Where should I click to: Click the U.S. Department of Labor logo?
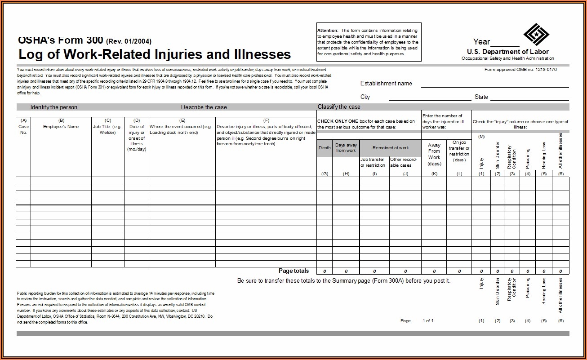pyautogui.click(x=536, y=35)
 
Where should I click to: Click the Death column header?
pyautogui.click(x=325, y=148)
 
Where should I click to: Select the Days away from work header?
pyautogui.click(x=346, y=148)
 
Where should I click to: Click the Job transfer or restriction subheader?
pyautogui.click(x=374, y=162)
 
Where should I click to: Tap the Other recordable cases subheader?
pyautogui.click(x=405, y=162)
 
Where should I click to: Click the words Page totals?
pyautogui.click(x=293, y=271)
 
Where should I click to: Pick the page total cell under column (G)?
pyautogui.click(x=325, y=271)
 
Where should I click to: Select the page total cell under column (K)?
pyautogui.click(x=434, y=271)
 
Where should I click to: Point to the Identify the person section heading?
pyautogui.click(x=53, y=107)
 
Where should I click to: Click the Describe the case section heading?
pyautogui.click(x=204, y=107)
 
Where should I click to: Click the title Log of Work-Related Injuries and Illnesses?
pyautogui.click(x=154, y=54)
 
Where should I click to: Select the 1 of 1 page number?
pyautogui.click(x=428, y=321)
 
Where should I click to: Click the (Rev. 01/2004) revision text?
pyautogui.click(x=129, y=41)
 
